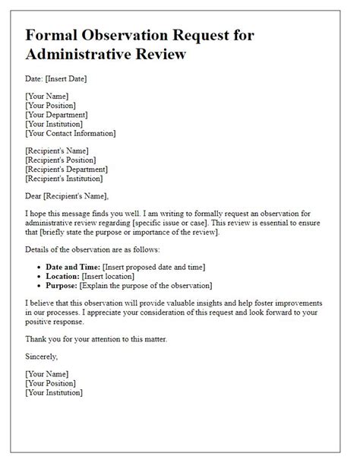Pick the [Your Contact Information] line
[71, 133]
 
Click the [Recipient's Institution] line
[64, 179]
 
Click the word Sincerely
[43, 356]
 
